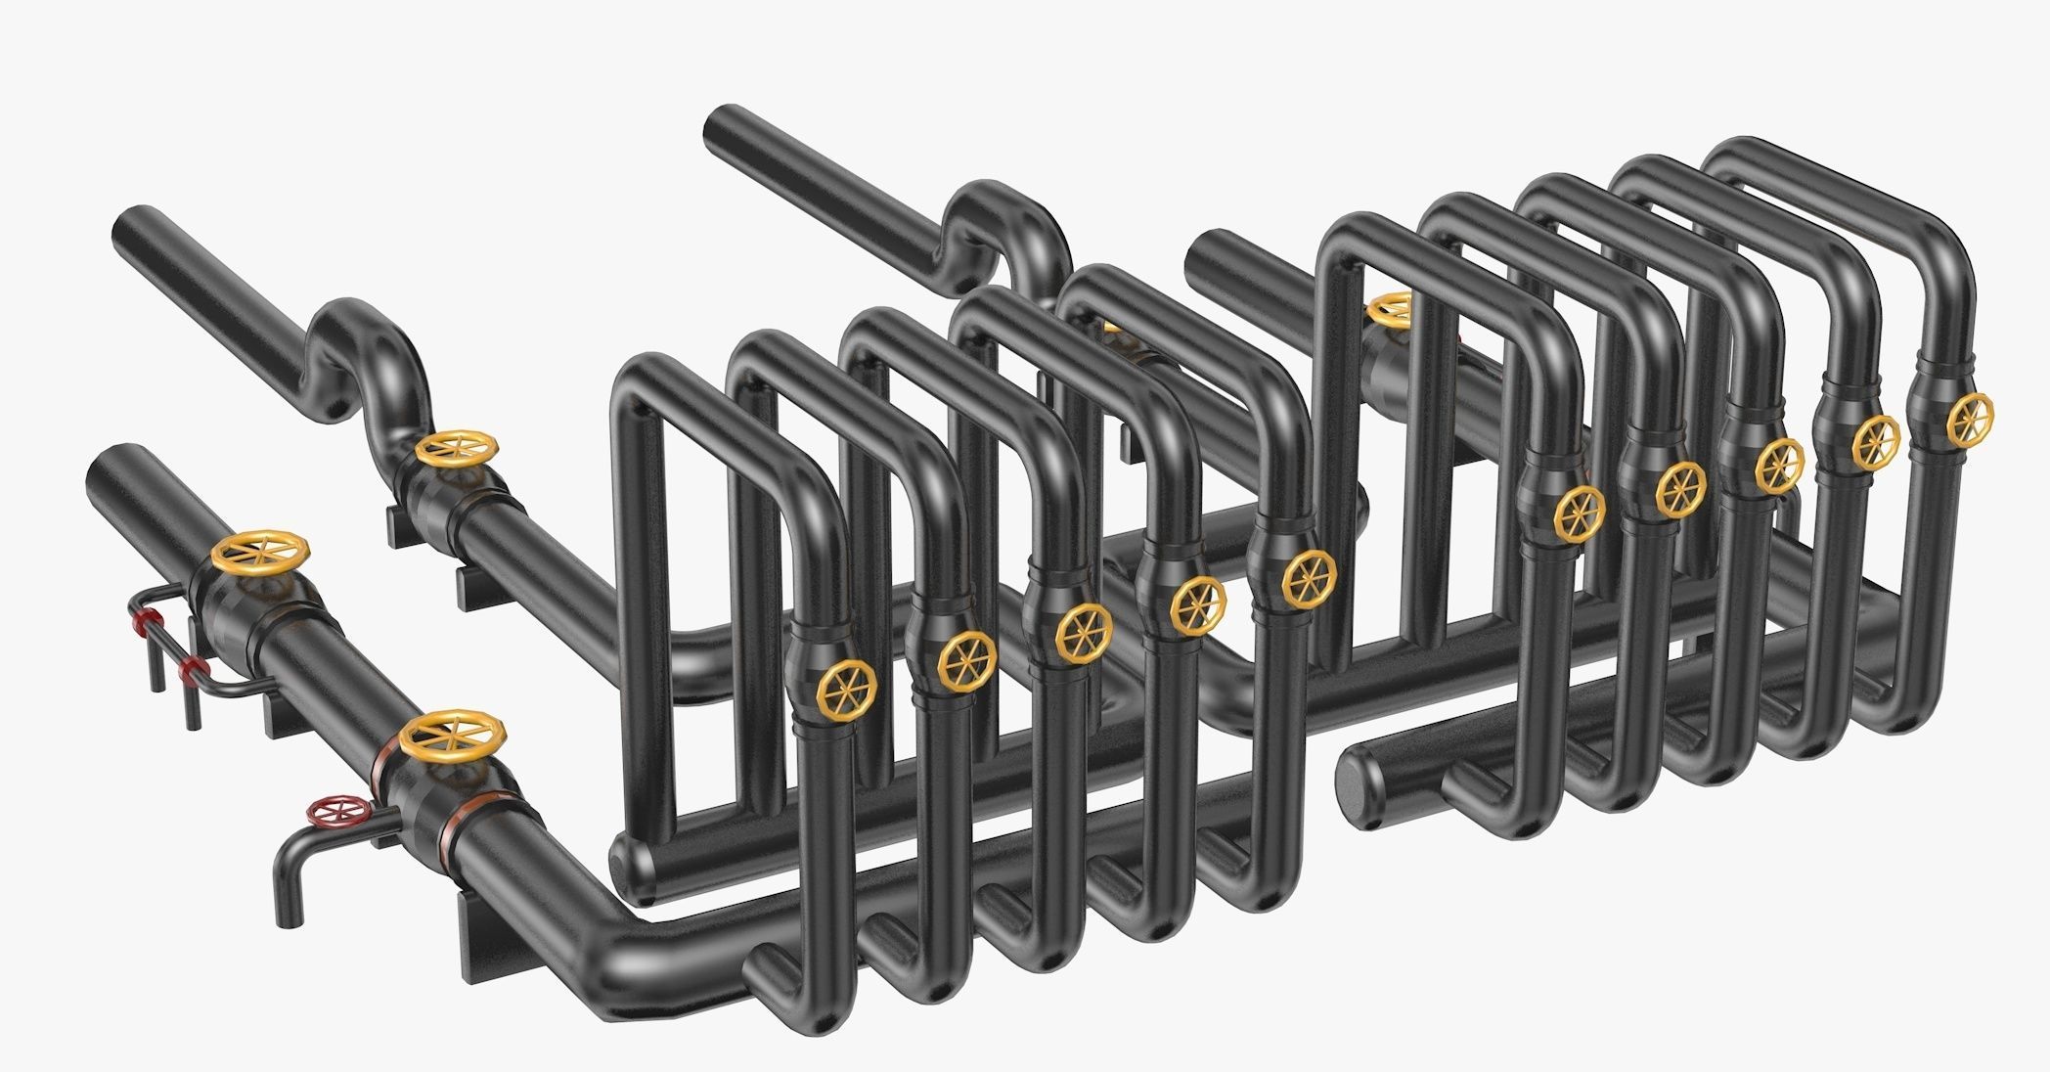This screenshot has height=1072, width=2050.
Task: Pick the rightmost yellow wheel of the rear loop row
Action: tap(1968, 417)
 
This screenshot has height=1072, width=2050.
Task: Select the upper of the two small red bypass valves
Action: tap(148, 620)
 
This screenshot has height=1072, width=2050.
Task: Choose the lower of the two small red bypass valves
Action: tap(193, 671)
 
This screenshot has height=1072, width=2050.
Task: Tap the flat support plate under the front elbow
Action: tap(489, 939)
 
